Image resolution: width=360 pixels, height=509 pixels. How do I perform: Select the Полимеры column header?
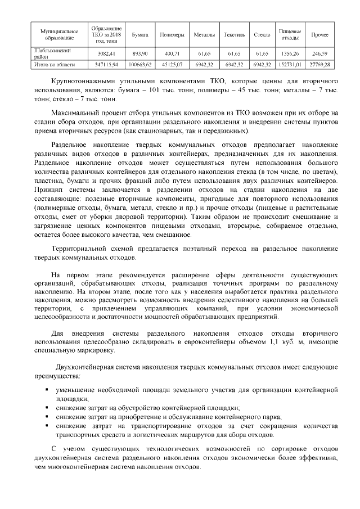pos(172,35)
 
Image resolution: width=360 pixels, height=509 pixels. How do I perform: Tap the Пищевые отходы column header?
pos(290,35)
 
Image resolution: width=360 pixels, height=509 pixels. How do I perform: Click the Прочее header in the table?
pos(320,35)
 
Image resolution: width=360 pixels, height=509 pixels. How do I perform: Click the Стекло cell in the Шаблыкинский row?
pos(262,53)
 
